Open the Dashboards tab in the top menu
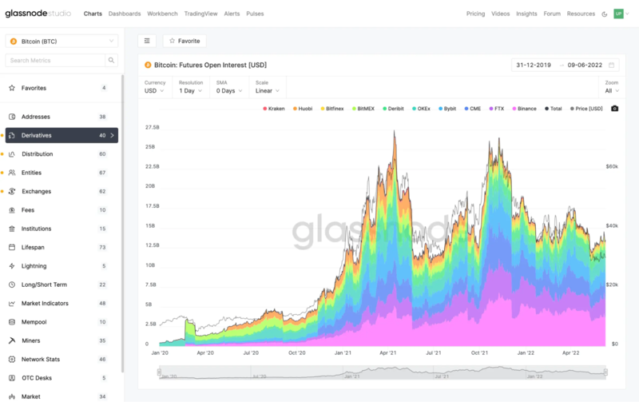click(x=125, y=14)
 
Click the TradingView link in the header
click(x=200, y=14)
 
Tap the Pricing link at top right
click(x=475, y=14)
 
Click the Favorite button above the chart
click(x=185, y=41)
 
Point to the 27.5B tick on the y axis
click(x=152, y=127)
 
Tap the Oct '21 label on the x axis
click(x=481, y=352)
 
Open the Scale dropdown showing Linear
click(x=267, y=90)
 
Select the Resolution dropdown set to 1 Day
click(x=192, y=90)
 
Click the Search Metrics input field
click(x=56, y=61)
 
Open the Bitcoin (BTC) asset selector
click(x=62, y=41)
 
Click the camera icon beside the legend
click(x=614, y=108)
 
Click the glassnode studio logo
click(x=38, y=14)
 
